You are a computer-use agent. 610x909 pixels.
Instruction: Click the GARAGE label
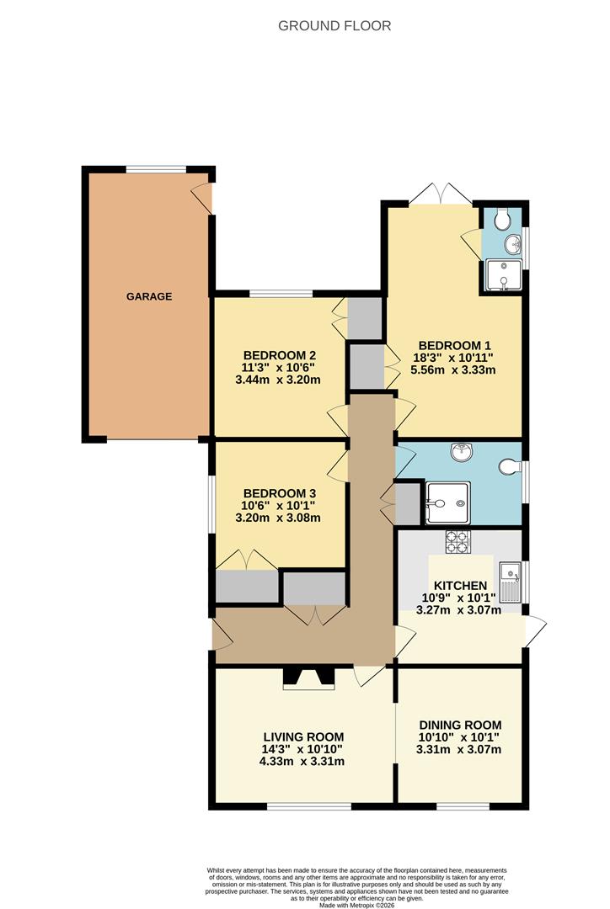click(149, 296)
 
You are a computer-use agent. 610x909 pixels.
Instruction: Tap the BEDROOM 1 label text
click(454, 346)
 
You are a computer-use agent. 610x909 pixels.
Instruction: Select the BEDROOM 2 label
click(279, 355)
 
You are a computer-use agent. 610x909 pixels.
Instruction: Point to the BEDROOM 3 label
click(279, 493)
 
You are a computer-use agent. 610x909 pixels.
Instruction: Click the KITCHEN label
click(460, 586)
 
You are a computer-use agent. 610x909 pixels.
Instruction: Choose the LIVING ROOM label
click(303, 737)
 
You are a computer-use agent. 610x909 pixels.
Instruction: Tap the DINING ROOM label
click(460, 725)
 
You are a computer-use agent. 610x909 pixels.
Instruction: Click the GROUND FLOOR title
click(334, 25)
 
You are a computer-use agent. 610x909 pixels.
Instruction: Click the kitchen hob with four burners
click(458, 541)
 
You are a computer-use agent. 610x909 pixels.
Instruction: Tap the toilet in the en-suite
click(502, 218)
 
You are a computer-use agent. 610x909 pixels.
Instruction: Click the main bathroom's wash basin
click(463, 452)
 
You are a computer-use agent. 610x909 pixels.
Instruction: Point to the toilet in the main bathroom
click(510, 466)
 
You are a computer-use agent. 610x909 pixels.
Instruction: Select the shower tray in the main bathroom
click(447, 502)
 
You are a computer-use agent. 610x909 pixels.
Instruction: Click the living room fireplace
click(308, 678)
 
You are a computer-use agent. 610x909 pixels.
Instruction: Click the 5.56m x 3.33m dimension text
click(453, 369)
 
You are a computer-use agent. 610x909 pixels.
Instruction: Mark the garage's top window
click(156, 169)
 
